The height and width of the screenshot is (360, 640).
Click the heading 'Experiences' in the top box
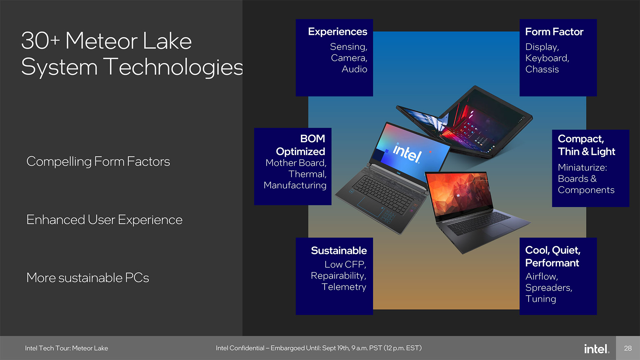[x=337, y=32]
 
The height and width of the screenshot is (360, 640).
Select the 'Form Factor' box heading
[x=554, y=32]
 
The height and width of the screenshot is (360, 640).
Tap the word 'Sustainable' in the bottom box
[x=339, y=250]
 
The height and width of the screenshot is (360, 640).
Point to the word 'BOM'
[x=312, y=138]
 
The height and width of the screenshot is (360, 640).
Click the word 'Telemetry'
[x=344, y=287]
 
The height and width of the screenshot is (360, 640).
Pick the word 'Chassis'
[x=542, y=69]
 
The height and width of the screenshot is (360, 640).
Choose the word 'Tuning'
[x=541, y=299]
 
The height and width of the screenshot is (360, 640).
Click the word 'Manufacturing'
[x=295, y=185]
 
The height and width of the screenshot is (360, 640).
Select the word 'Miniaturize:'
[x=582, y=167]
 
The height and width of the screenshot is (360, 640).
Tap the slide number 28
[x=628, y=348]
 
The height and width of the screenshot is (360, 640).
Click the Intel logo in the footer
[x=597, y=349]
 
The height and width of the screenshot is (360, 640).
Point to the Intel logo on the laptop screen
[x=407, y=153]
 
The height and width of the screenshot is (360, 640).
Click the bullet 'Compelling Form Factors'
[x=98, y=161]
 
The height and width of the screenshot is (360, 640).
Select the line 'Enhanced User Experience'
[x=104, y=220]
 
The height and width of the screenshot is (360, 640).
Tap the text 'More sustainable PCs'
[x=88, y=278]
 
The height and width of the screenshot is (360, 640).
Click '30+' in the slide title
[x=40, y=41]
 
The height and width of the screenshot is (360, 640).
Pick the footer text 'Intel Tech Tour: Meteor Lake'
[x=66, y=348]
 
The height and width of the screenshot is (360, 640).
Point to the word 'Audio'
[x=354, y=69]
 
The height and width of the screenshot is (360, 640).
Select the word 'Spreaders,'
[x=549, y=288]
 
